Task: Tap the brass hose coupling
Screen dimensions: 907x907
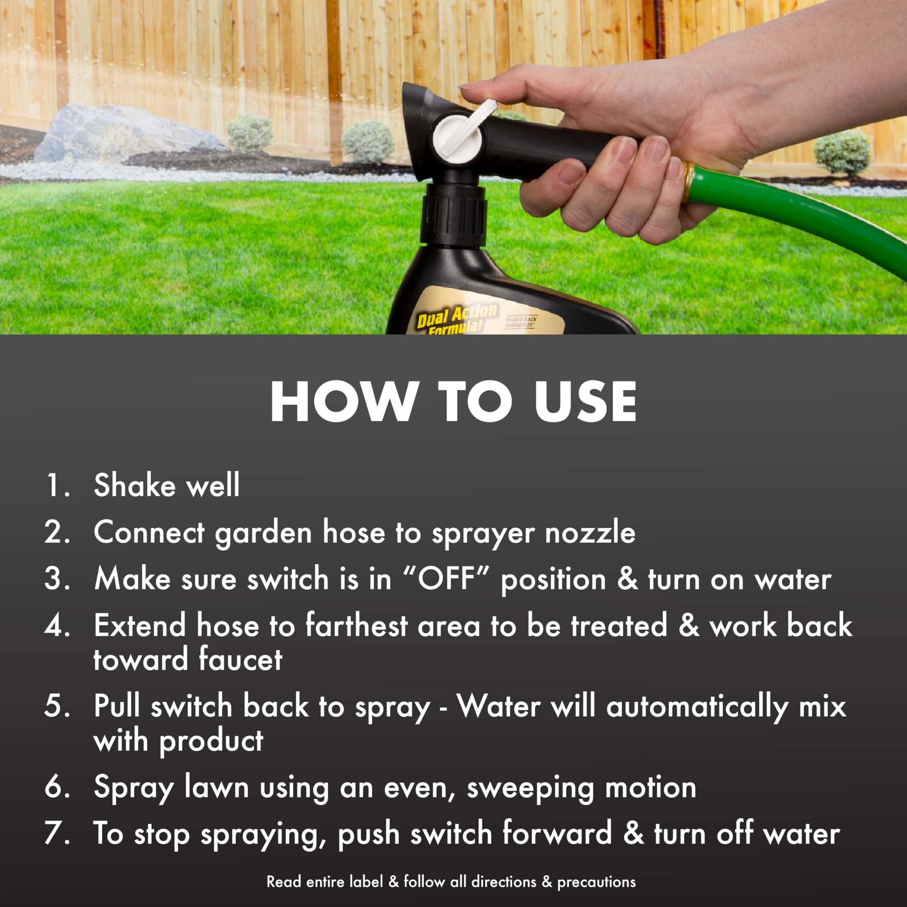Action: click(x=689, y=181)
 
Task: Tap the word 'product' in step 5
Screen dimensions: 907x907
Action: click(x=211, y=741)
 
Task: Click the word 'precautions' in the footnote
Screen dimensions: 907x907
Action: click(x=596, y=881)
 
